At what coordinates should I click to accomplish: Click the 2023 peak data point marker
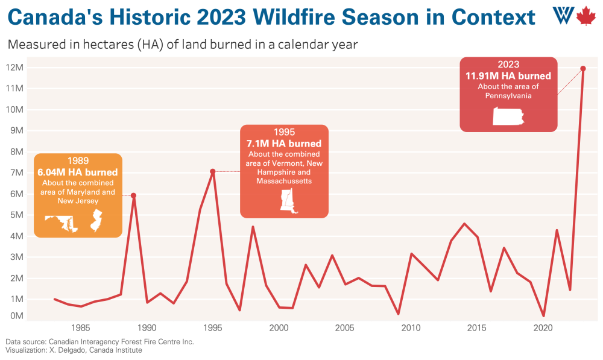tap(582, 68)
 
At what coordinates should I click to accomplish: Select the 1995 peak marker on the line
tap(213, 171)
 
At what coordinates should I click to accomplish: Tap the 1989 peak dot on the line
tap(133, 195)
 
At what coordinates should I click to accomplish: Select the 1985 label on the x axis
tap(81, 328)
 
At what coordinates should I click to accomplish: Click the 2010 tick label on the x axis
tap(411, 328)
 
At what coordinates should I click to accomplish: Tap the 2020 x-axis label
tap(543, 328)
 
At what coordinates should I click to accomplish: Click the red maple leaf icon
tap(586, 16)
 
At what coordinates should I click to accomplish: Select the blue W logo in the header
tap(563, 16)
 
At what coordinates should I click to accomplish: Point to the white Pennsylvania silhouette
tap(508, 116)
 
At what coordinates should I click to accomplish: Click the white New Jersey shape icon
tap(96, 221)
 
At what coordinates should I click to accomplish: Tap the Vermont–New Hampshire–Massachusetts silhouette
tap(288, 201)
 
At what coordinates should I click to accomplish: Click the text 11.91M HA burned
tap(508, 76)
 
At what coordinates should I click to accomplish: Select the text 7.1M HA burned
tap(284, 144)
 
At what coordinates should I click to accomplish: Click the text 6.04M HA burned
tap(78, 172)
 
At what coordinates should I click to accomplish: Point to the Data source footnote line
tap(100, 342)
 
